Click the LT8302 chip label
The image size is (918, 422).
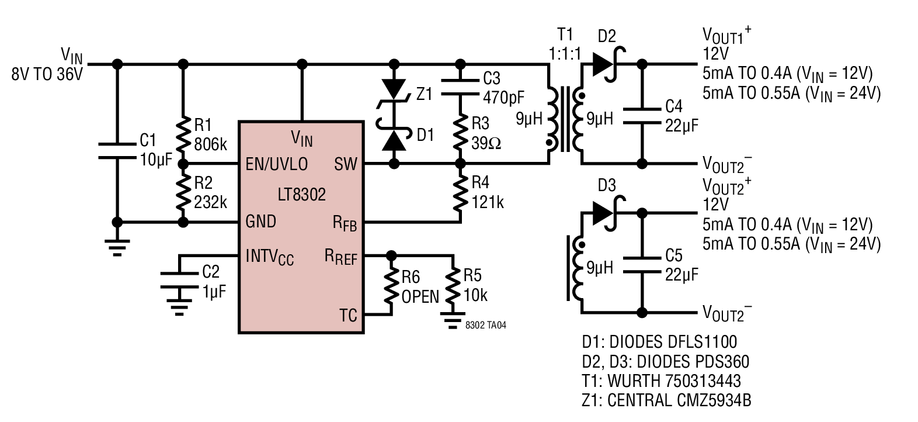(301, 194)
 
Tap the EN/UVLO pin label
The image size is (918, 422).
(276, 164)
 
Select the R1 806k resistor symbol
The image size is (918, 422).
(183, 134)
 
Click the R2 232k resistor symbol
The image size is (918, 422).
(183, 192)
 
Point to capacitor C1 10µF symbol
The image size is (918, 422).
(117, 150)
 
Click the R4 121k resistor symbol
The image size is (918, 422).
(460, 193)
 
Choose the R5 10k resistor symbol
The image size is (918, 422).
(451, 286)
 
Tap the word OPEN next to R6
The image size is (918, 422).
(420, 296)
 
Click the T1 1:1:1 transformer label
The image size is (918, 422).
(565, 44)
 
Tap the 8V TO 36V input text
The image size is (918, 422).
(47, 75)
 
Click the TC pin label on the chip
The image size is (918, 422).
(348, 316)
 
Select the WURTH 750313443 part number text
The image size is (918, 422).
(674, 381)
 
